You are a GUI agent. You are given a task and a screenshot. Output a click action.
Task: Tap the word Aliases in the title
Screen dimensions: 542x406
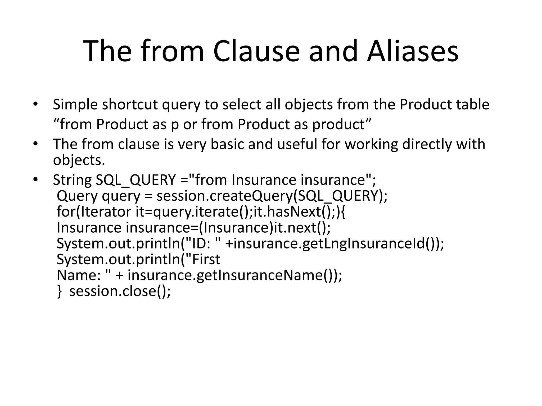(413, 51)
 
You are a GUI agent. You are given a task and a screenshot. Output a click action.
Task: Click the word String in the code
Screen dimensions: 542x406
(72, 180)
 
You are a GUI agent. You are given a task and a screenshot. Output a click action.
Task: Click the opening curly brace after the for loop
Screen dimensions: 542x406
(343, 212)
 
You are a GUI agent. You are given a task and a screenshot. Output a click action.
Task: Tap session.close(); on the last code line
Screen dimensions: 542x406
(120, 291)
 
